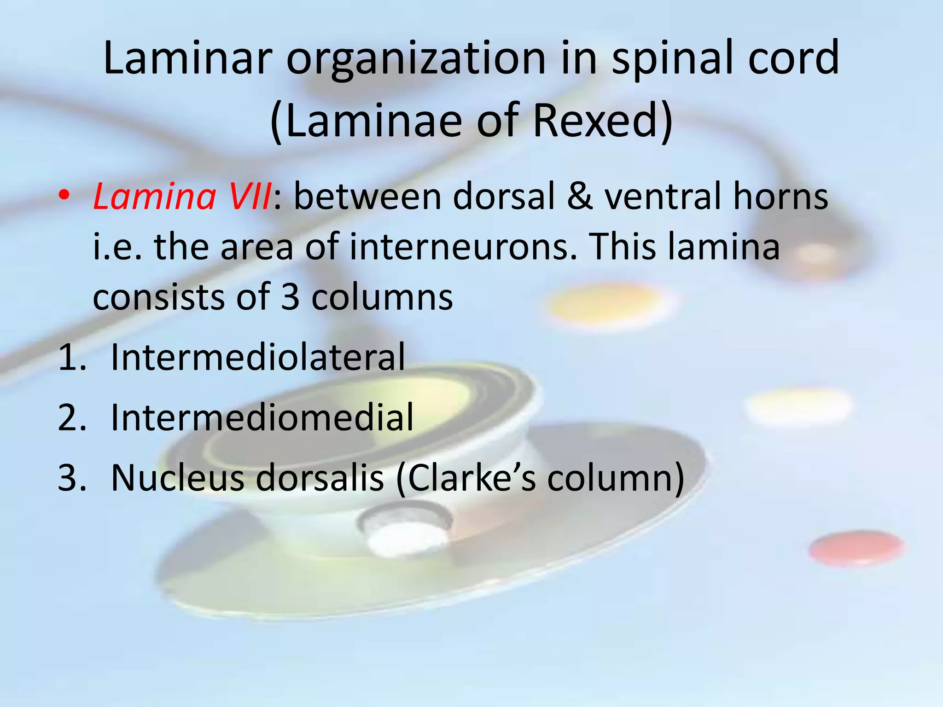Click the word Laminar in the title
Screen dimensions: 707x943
coord(185,58)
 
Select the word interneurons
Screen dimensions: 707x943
coord(462,247)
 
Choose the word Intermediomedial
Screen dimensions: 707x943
coord(262,417)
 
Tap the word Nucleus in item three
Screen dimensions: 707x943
coord(178,478)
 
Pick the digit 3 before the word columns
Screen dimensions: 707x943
coord(290,297)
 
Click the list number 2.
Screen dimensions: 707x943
coord(71,417)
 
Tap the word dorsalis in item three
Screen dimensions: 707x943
coord(320,478)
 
